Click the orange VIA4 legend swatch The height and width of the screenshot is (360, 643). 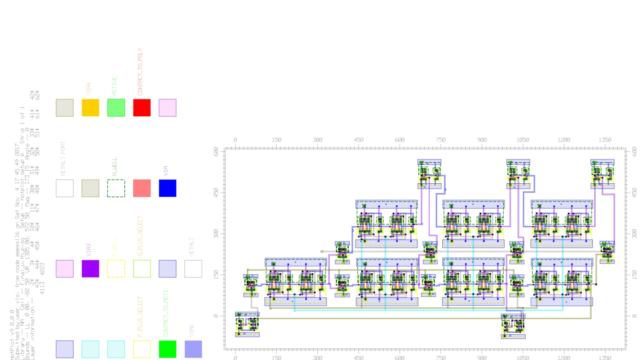pyautogui.click(x=91, y=107)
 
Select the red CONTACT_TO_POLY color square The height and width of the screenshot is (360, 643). pyautogui.click(x=142, y=107)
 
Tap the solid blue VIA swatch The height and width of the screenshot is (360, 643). pyautogui.click(x=167, y=188)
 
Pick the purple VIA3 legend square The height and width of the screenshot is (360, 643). pyautogui.click(x=91, y=269)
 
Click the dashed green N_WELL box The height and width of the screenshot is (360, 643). pyautogui.click(x=116, y=188)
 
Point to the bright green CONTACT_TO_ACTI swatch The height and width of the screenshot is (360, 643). pyautogui.click(x=167, y=349)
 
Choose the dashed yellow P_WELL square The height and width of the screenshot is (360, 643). pyautogui.click(x=116, y=269)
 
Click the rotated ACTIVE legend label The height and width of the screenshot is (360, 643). pyautogui.click(x=114, y=86)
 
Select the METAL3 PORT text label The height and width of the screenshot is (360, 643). pyautogui.click(x=63, y=159)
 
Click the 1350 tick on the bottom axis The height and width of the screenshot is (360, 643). pyautogui.click(x=605, y=357)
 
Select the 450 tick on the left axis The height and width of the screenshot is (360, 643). pyautogui.click(x=216, y=192)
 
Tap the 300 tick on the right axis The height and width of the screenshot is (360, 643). pyautogui.click(x=634, y=233)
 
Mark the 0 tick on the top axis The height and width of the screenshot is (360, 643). pyautogui.click(x=235, y=140)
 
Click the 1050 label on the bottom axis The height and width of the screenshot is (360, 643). pyautogui.click(x=522, y=357)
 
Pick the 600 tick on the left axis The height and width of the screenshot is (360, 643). pyautogui.click(x=216, y=151)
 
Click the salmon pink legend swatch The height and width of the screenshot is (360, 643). pyautogui.click(x=142, y=188)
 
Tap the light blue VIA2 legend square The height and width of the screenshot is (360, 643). pyautogui.click(x=193, y=349)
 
